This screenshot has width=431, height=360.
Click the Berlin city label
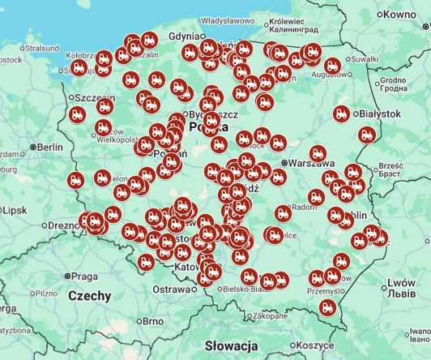tap(49, 147)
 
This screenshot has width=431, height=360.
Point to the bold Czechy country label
tap(89, 296)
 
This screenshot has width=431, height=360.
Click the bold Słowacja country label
tap(231, 345)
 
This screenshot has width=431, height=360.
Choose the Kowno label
tap(400, 15)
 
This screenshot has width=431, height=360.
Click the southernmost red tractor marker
tap(327, 308)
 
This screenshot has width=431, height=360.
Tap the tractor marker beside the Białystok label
tap(342, 114)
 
